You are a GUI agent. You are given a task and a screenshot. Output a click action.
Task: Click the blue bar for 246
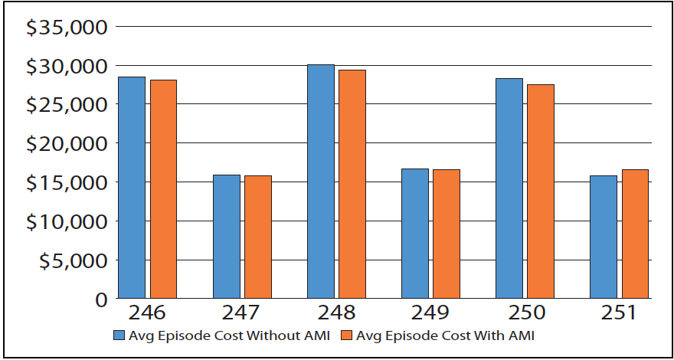pos(132,188)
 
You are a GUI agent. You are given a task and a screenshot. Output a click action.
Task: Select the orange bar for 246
pos(163,189)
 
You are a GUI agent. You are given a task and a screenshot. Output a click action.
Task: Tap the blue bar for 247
pos(226,237)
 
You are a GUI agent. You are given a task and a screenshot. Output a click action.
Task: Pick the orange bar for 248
pos(352,184)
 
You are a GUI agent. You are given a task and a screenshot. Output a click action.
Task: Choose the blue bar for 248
pos(320,182)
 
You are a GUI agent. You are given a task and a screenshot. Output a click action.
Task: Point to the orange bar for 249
pos(446,234)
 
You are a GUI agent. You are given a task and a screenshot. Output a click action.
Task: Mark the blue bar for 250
pos(509,188)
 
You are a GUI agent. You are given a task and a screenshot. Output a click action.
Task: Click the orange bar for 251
pos(634,234)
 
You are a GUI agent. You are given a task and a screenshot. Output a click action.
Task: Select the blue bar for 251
pos(603,237)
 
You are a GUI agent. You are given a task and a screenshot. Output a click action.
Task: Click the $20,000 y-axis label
pos(66,143)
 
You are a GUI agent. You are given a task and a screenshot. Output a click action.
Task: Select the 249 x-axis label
pos(430,314)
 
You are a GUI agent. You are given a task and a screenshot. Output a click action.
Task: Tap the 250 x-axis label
pos(525,314)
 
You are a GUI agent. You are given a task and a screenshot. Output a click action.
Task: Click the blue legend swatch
pos(119,335)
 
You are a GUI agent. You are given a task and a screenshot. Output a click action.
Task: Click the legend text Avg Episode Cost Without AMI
pos(229,335)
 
